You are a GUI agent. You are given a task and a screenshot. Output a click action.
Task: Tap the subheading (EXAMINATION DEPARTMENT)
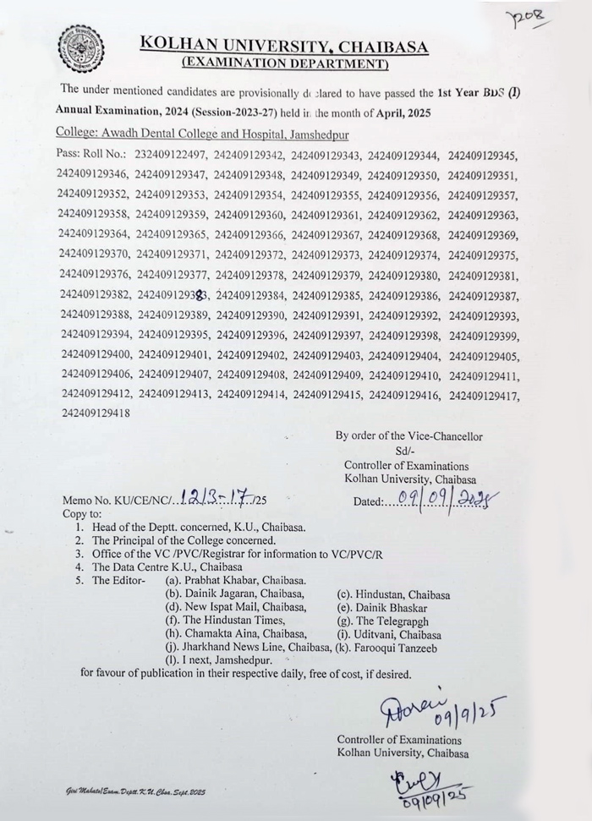click(285, 63)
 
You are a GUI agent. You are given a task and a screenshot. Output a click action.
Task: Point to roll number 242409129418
click(96, 413)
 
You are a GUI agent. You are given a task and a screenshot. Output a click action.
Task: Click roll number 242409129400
click(96, 354)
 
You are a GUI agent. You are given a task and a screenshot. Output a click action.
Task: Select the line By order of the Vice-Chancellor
click(408, 436)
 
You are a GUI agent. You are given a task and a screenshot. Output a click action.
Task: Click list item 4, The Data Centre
click(167, 566)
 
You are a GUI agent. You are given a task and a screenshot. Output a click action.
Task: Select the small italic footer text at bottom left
click(135, 791)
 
